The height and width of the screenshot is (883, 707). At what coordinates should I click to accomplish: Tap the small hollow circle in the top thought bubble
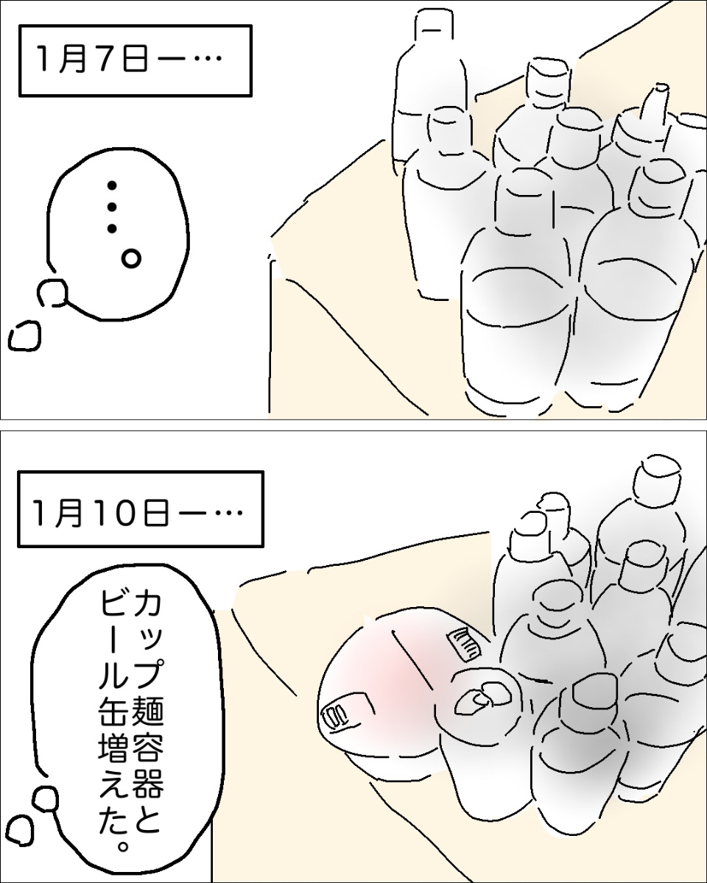131,258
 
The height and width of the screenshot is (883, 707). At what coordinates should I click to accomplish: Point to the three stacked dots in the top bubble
112,208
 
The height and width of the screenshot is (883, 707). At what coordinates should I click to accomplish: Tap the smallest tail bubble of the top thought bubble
24,336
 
